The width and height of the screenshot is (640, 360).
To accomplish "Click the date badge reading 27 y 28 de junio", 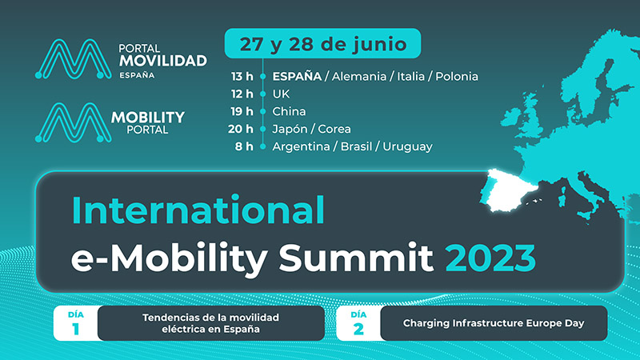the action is tap(322, 43).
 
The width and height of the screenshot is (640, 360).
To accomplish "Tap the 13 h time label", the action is tap(242, 76).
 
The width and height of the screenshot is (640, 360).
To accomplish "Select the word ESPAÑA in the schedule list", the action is tap(297, 76).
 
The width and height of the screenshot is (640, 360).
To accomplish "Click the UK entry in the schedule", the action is tap(281, 94).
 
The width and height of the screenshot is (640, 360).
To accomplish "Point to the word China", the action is tap(289, 111).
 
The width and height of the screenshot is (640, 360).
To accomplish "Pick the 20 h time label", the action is tap(241, 129).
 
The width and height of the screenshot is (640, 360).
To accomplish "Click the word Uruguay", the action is tap(407, 146).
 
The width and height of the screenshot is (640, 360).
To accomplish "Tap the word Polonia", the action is tap(457, 76).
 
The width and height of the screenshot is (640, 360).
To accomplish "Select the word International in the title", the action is tap(198, 210).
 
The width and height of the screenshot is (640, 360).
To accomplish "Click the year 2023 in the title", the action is tap(490, 257).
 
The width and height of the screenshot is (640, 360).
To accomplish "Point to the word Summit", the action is tap(355, 257).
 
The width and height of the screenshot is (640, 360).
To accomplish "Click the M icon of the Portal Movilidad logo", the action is tap(74, 59).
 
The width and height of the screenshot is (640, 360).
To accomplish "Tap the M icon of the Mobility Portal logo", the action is tap(74, 122).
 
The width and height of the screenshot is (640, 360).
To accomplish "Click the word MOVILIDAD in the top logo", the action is tap(163, 61).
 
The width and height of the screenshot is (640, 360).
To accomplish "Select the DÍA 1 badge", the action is tap(76, 323).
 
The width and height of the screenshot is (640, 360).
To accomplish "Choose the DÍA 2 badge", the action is tap(358, 323).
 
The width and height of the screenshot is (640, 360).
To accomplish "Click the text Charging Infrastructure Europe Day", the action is tap(494, 323).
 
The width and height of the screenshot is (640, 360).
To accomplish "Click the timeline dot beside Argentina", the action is tap(263, 146).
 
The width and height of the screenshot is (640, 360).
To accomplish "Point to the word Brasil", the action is tap(356, 146).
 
